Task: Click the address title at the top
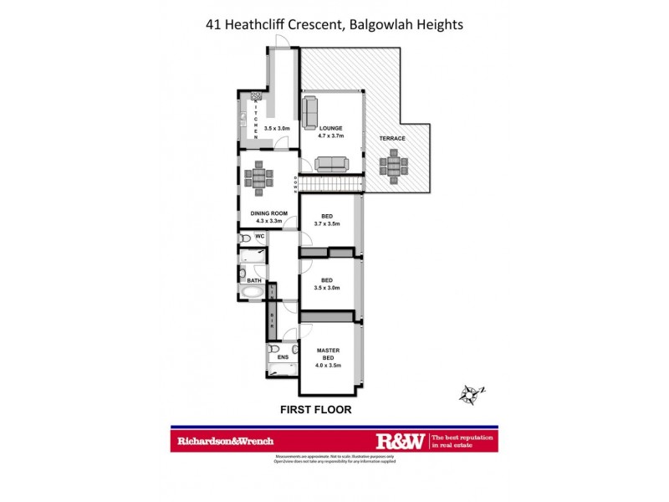pos(334,24)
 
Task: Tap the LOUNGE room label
pos(330,128)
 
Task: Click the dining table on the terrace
pos(392,166)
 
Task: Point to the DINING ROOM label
pos(269,213)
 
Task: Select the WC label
pos(260,237)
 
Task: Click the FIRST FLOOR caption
pos(314,410)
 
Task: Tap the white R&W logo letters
pos(401,440)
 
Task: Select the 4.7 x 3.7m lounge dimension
pos(331,136)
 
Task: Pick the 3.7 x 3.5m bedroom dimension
pos(327,224)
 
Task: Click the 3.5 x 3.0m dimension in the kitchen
pos(277,128)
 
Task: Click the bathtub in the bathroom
pos(251,293)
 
